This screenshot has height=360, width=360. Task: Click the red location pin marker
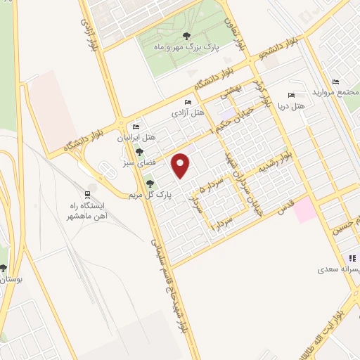(x=182, y=165)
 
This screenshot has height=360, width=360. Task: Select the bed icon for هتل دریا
(x=291, y=96)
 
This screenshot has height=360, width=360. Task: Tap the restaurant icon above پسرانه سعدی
(x=354, y=257)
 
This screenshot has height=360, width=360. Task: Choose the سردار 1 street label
(x=224, y=225)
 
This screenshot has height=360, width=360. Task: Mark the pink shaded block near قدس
(x=305, y=210)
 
